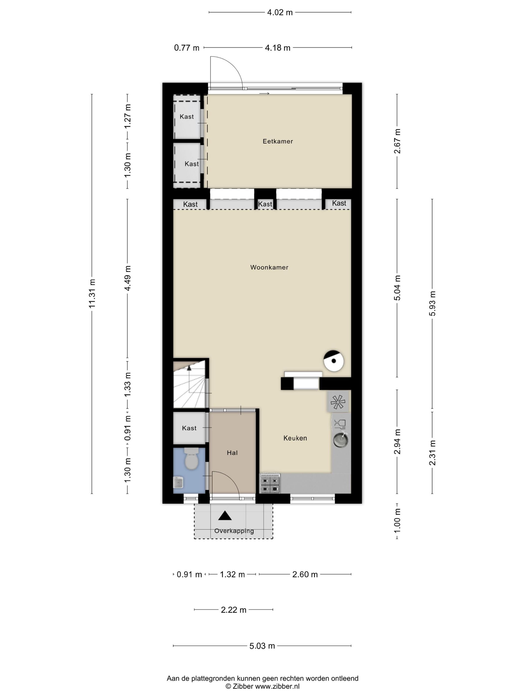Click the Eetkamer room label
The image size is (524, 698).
click(278, 141)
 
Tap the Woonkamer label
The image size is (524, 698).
click(269, 267)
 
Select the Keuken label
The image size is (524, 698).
click(295, 438)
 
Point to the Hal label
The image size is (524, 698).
click(232, 453)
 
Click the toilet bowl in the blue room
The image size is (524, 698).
click(191, 459)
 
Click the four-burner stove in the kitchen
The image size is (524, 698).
click(270, 483)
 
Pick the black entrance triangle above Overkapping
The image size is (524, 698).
click(225, 516)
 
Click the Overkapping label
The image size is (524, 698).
click(234, 531)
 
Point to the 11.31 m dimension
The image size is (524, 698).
click(92, 294)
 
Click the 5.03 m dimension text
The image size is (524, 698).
click(262, 646)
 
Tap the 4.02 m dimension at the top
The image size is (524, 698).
click(280, 12)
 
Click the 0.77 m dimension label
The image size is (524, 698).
click(187, 48)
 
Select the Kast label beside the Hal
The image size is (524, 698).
click(189, 428)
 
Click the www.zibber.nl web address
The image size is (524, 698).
click(277, 686)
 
